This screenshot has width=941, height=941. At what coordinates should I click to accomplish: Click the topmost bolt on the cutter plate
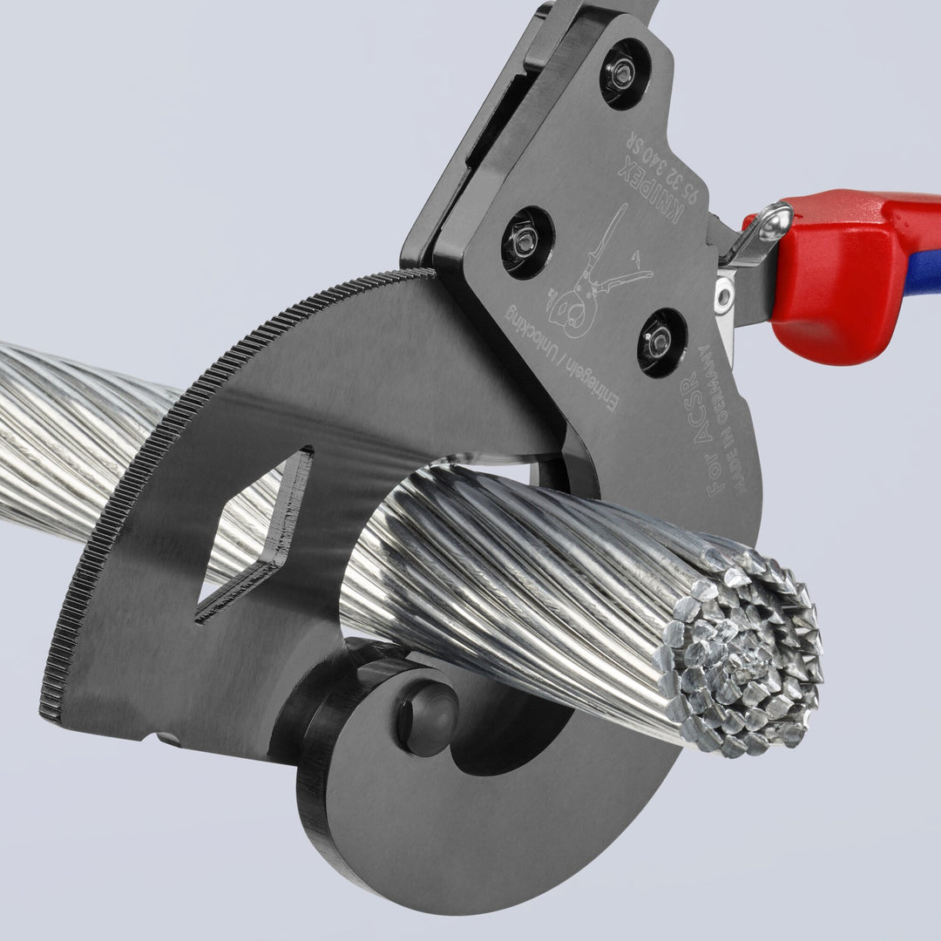(x=623, y=75)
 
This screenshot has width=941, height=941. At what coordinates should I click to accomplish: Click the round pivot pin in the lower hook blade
(x=428, y=718)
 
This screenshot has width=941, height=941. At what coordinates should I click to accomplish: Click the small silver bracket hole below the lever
(x=723, y=296)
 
